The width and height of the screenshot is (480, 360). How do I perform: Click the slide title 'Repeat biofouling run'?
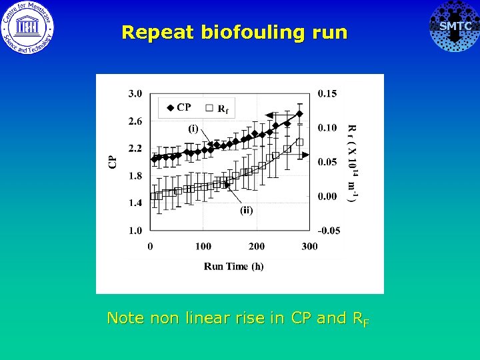[235, 32]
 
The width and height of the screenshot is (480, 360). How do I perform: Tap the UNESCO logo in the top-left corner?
[28, 27]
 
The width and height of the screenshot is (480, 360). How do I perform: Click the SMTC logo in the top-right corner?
[454, 27]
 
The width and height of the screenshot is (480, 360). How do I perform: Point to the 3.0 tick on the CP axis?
[135, 93]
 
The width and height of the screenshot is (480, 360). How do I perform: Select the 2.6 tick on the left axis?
[135, 121]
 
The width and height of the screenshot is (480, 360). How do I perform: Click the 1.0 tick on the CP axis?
[135, 231]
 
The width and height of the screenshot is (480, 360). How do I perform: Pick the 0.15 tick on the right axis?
[327, 93]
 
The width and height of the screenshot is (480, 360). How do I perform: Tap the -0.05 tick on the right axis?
[328, 231]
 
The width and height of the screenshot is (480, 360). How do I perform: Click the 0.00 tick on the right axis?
[327, 196]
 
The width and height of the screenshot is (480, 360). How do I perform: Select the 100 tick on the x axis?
[203, 247]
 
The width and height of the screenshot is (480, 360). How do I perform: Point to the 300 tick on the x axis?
[309, 247]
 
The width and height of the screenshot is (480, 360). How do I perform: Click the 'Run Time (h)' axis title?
[233, 266]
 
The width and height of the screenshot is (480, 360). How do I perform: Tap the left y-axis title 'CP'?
[113, 161]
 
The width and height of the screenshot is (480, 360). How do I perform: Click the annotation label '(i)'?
[193, 129]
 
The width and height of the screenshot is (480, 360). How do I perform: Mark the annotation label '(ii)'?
[246, 210]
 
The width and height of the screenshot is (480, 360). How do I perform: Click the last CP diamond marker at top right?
[300, 114]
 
